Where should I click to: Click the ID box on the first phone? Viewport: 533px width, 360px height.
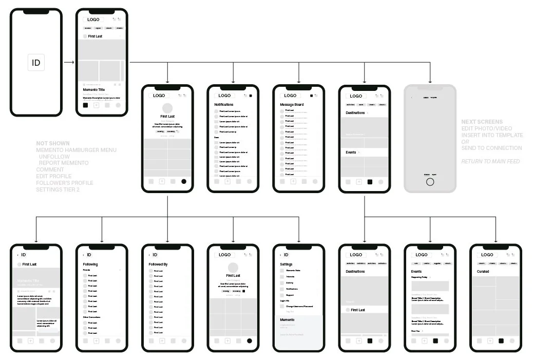pyautogui.click(x=36, y=63)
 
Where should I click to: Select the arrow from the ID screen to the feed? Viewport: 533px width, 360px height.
pyautogui.click(x=69, y=63)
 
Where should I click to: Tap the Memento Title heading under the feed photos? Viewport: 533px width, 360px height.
pyautogui.click(x=94, y=89)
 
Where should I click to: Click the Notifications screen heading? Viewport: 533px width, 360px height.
pyautogui.click(x=224, y=105)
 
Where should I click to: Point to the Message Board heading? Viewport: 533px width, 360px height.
pyautogui.click(x=292, y=105)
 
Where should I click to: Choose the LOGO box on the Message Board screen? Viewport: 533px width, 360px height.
pyautogui.click(x=290, y=96)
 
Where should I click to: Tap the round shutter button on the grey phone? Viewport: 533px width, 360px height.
pyautogui.click(x=430, y=182)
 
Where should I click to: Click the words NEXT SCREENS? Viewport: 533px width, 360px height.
pyautogui.click(x=482, y=122)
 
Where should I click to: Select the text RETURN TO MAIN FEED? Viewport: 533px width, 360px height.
pyautogui.click(x=490, y=161)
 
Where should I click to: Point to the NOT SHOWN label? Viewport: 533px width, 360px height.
pyautogui.click(x=53, y=143)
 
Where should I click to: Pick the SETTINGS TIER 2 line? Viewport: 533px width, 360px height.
pyautogui.click(x=58, y=190)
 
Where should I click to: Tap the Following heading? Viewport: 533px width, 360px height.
pyautogui.click(x=90, y=264)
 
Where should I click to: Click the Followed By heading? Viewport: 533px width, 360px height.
pyautogui.click(x=158, y=264)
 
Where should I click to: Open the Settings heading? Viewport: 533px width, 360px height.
pyautogui.click(x=286, y=264)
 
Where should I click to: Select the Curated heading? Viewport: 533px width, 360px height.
pyautogui.click(x=483, y=271)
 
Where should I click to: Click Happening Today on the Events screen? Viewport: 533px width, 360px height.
pyautogui.click(x=420, y=277)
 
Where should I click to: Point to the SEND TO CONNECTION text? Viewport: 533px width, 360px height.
pyautogui.click(x=491, y=148)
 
